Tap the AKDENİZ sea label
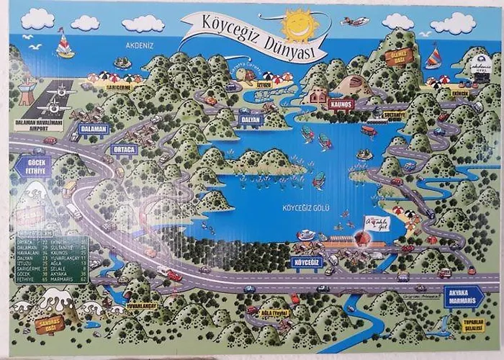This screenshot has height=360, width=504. [x=153, y=42]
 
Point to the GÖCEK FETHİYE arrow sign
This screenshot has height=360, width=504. [x=31, y=164]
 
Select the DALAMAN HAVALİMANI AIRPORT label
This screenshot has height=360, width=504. [x=39, y=125]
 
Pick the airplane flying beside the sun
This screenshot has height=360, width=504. [x=356, y=22]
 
